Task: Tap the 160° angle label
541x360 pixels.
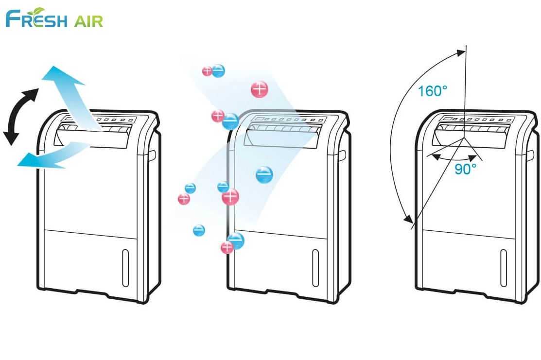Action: point(432,90)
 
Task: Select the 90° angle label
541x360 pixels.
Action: point(465,169)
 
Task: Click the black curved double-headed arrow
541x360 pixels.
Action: point(20,117)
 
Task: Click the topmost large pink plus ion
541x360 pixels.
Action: point(260,89)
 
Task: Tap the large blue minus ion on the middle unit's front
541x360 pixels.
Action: point(264,174)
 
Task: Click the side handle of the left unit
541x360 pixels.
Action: point(152,155)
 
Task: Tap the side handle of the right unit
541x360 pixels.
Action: point(531,155)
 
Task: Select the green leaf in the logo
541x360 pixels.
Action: point(36,11)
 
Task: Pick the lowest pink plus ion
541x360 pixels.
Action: point(227,248)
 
